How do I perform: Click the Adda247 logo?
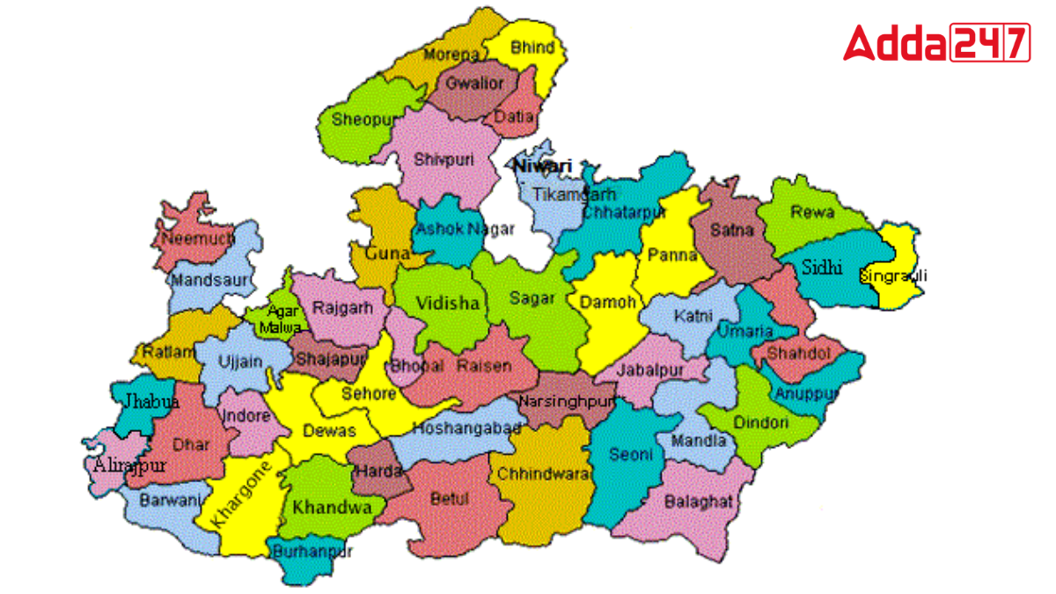coord(936,41)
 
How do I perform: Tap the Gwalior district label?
coord(474,84)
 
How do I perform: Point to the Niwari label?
coord(543,166)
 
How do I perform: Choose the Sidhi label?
coord(822,268)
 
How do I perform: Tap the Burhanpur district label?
coord(312,552)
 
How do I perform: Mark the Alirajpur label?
coord(128,466)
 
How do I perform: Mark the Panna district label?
coord(671,255)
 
